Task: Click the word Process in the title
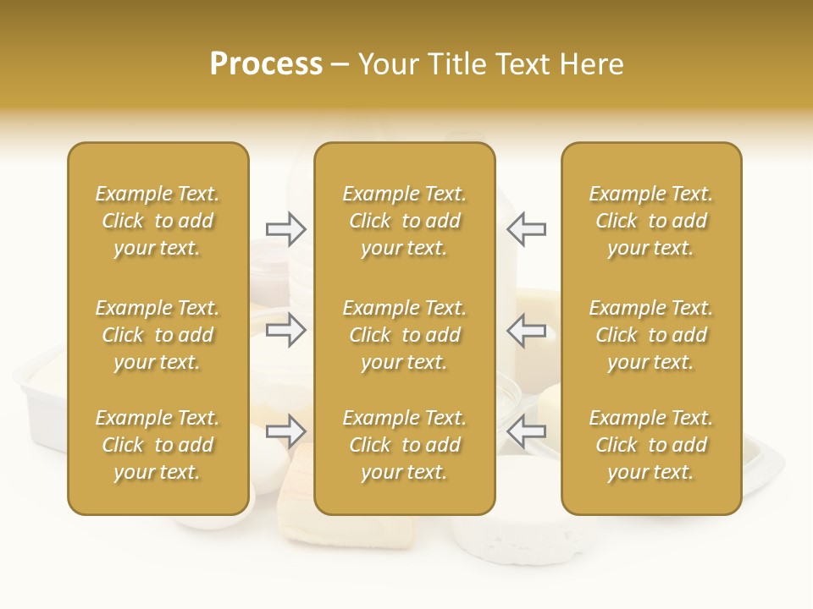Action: click(x=266, y=64)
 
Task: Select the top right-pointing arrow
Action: click(x=285, y=229)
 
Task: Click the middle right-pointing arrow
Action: click(x=285, y=330)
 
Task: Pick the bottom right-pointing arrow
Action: click(x=285, y=431)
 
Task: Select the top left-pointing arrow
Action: click(x=526, y=229)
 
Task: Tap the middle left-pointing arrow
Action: click(x=526, y=330)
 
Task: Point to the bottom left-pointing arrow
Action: click(x=526, y=431)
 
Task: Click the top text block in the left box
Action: click(x=158, y=221)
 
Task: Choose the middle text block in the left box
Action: click(x=158, y=335)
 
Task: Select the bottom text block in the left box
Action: click(x=158, y=445)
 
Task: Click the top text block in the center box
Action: click(x=404, y=221)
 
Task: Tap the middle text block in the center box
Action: click(x=404, y=335)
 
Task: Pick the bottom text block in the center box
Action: click(x=404, y=445)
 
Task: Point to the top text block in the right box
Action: click(x=650, y=221)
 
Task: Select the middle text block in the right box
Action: click(x=650, y=335)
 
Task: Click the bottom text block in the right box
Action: click(x=650, y=445)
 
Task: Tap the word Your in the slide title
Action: click(x=387, y=64)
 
